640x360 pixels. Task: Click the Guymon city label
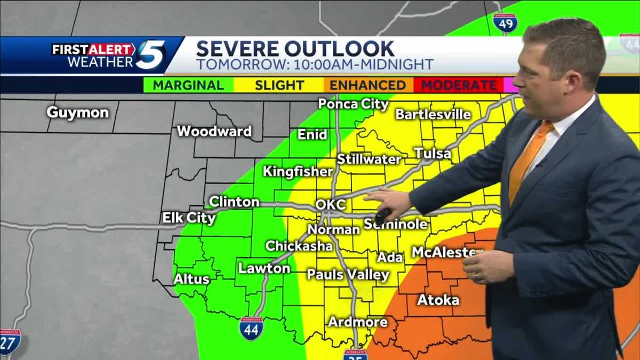[x=78, y=113]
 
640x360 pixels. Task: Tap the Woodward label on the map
[x=214, y=131]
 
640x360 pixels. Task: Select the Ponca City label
[x=353, y=103]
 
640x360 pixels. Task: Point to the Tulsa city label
[x=433, y=154]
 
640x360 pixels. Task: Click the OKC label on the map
[x=331, y=204]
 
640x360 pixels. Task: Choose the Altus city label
[x=191, y=278]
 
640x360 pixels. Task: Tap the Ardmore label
[x=357, y=322]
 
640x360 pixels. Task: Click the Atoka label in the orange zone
[x=438, y=300]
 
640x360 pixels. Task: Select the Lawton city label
[x=264, y=268]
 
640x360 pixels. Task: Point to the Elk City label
[x=189, y=218]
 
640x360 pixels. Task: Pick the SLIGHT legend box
[x=279, y=85]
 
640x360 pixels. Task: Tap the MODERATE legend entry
[x=459, y=85]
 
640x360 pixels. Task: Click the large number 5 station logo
[x=150, y=55]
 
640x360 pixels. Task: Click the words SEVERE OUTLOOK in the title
[x=295, y=49]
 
